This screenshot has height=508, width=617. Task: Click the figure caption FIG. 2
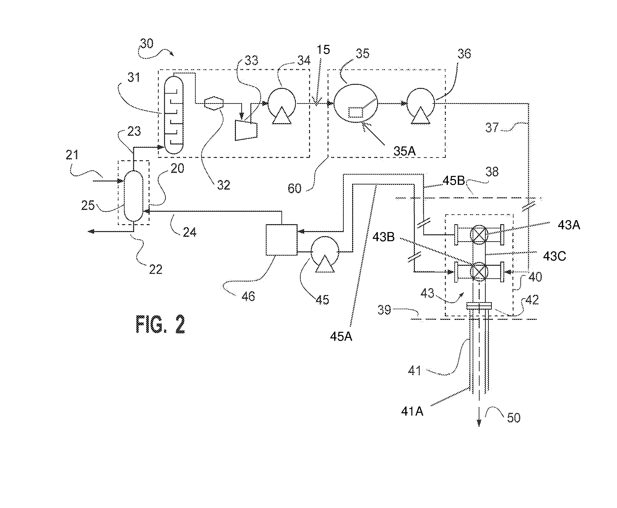click(x=160, y=324)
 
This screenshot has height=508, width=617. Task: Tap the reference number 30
click(x=147, y=44)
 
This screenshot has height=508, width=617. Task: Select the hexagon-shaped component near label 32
click(x=214, y=103)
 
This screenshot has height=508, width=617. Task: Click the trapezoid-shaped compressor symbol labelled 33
click(x=246, y=130)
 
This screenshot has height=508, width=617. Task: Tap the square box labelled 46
click(x=281, y=240)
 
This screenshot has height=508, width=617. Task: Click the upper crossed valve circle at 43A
click(x=479, y=234)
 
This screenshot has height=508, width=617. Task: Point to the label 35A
click(x=404, y=151)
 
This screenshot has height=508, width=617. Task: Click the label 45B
click(x=453, y=181)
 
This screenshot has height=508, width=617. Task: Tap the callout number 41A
click(x=412, y=412)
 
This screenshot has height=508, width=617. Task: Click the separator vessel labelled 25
click(x=134, y=195)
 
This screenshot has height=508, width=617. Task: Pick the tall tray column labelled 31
click(x=174, y=115)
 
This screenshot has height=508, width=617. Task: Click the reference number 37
click(x=492, y=127)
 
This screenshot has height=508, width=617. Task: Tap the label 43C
click(x=554, y=256)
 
